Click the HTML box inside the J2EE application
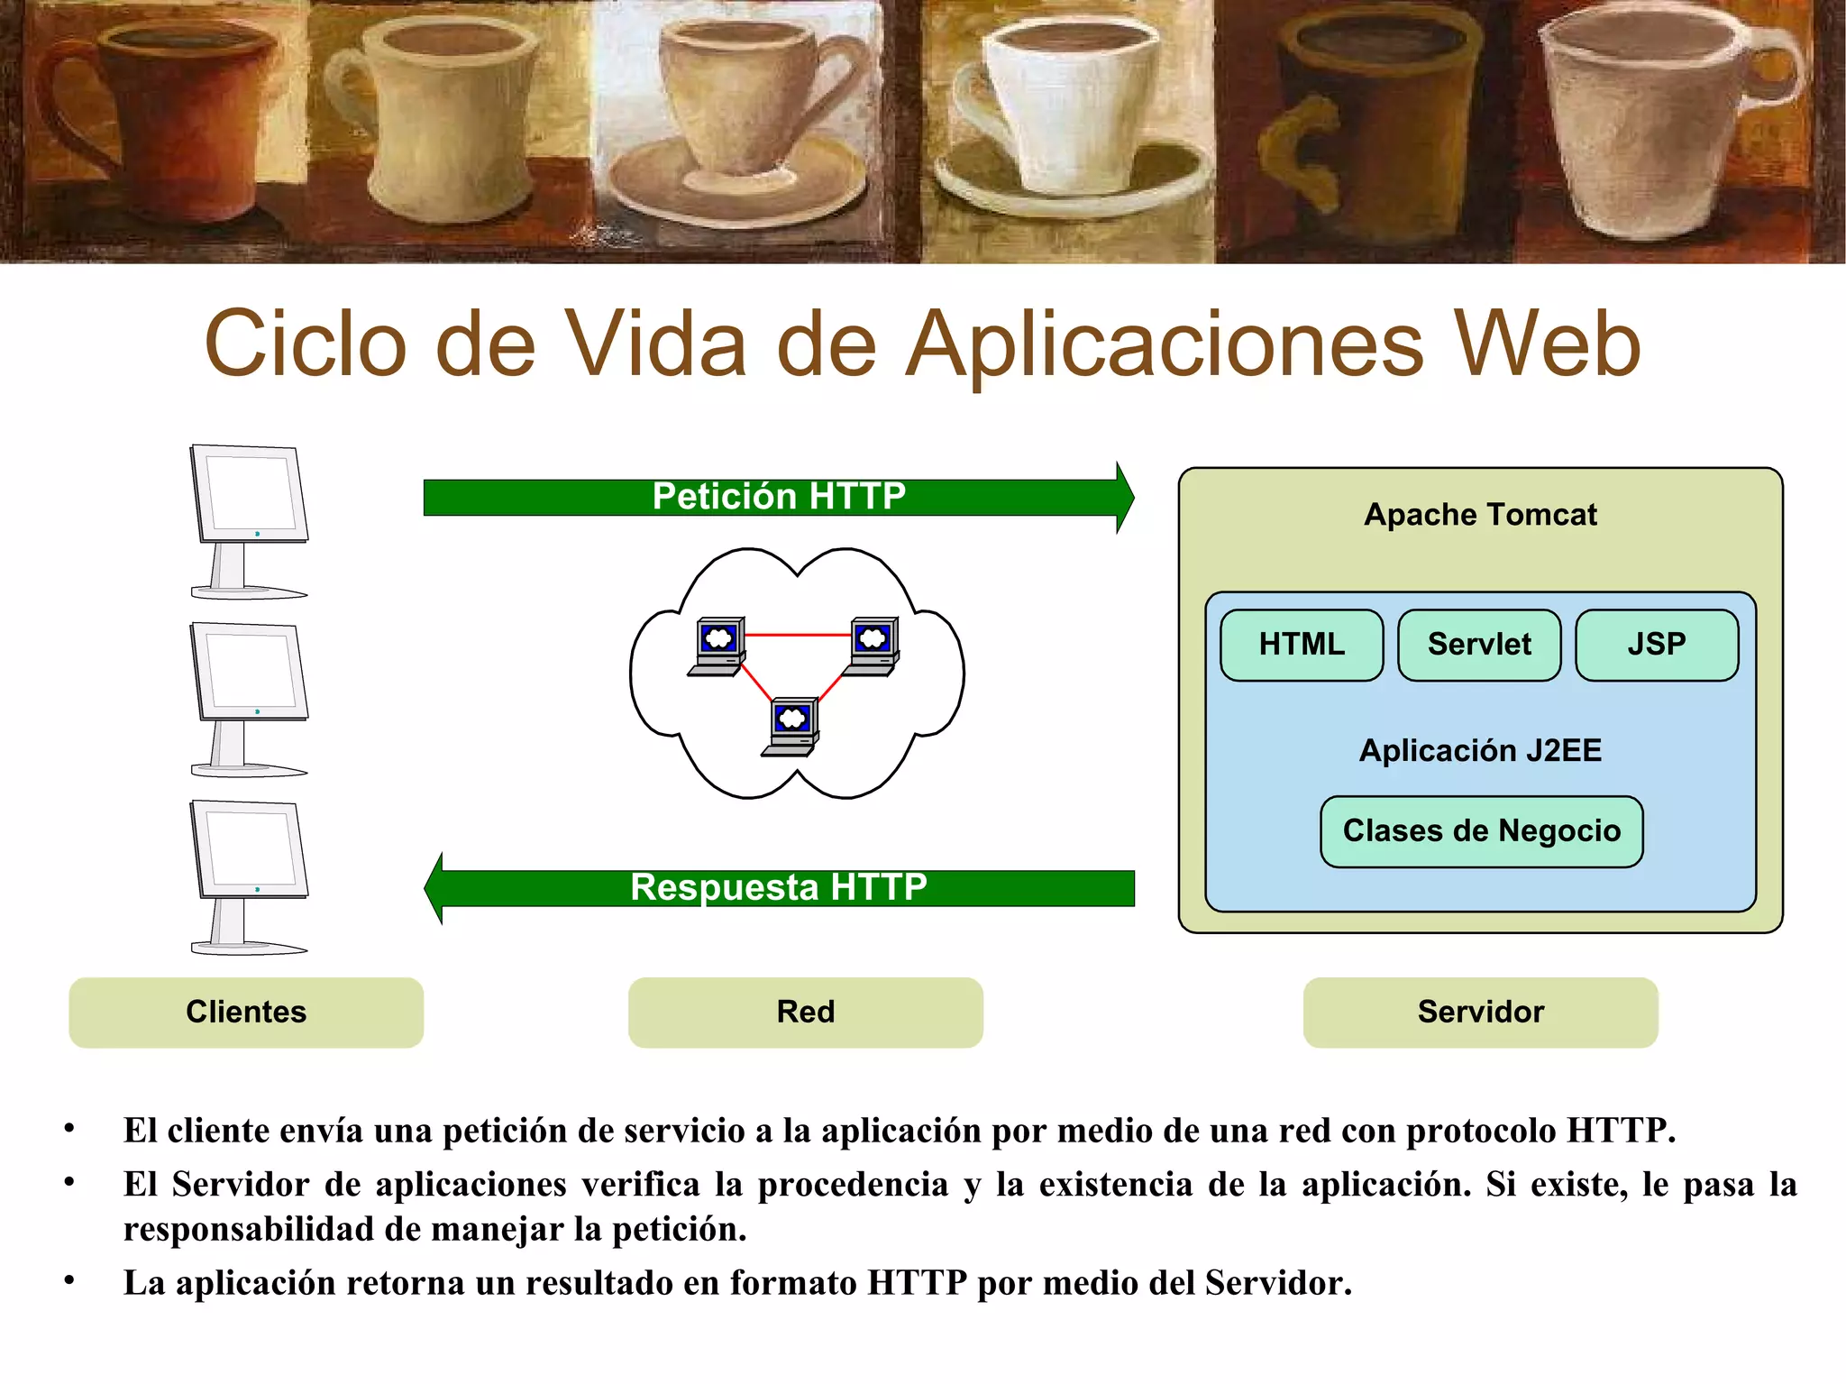click(x=1301, y=645)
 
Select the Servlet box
click(x=1478, y=645)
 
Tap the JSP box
click(x=1656, y=645)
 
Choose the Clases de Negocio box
click(x=1481, y=831)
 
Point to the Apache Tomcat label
click(x=1480, y=515)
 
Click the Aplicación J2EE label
click(x=1480, y=750)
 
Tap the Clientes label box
click(x=246, y=1012)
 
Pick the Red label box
click(x=805, y=1012)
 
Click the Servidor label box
click(x=1480, y=1012)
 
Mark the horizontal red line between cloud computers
click(x=798, y=635)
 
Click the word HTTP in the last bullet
click(x=917, y=1283)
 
